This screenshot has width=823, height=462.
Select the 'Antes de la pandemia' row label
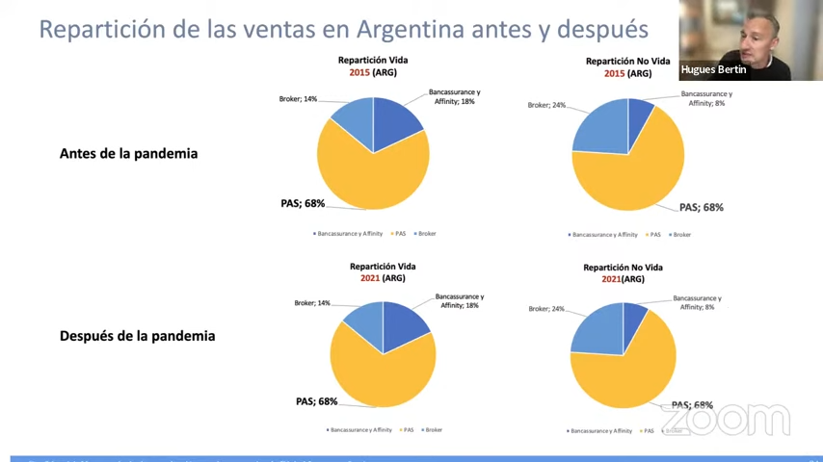coord(128,153)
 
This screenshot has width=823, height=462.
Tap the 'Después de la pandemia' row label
coord(137,336)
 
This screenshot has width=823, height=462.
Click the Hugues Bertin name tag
coord(713,69)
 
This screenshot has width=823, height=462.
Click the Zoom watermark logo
coord(725,420)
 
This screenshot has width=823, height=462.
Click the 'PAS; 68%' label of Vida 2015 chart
coord(303,204)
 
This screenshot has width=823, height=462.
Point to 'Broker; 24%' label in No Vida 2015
coord(546,105)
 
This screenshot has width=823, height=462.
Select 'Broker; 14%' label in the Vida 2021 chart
coord(312,303)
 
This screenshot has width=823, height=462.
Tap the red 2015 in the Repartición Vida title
coord(359,72)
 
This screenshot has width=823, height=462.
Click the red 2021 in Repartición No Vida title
coord(611,279)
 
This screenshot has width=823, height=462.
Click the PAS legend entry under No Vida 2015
coord(655,235)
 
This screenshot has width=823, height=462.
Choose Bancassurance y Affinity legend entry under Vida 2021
coord(359,429)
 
